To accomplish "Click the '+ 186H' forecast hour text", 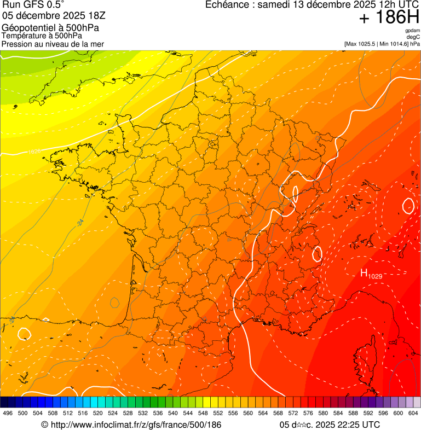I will (389, 18).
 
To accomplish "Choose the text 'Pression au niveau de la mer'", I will (53, 44).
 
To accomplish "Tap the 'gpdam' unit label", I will (412, 31).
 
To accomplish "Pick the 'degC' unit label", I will (413, 37).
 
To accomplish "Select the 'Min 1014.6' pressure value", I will (394, 44).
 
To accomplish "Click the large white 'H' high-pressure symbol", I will (363, 273).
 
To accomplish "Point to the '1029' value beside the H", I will (375, 276).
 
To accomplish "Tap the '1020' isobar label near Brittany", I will (34, 150).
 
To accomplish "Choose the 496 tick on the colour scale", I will (8, 413).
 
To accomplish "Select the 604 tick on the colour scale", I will (413, 413).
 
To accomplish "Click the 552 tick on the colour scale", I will (218, 413).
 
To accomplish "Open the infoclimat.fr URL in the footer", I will (131, 425).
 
